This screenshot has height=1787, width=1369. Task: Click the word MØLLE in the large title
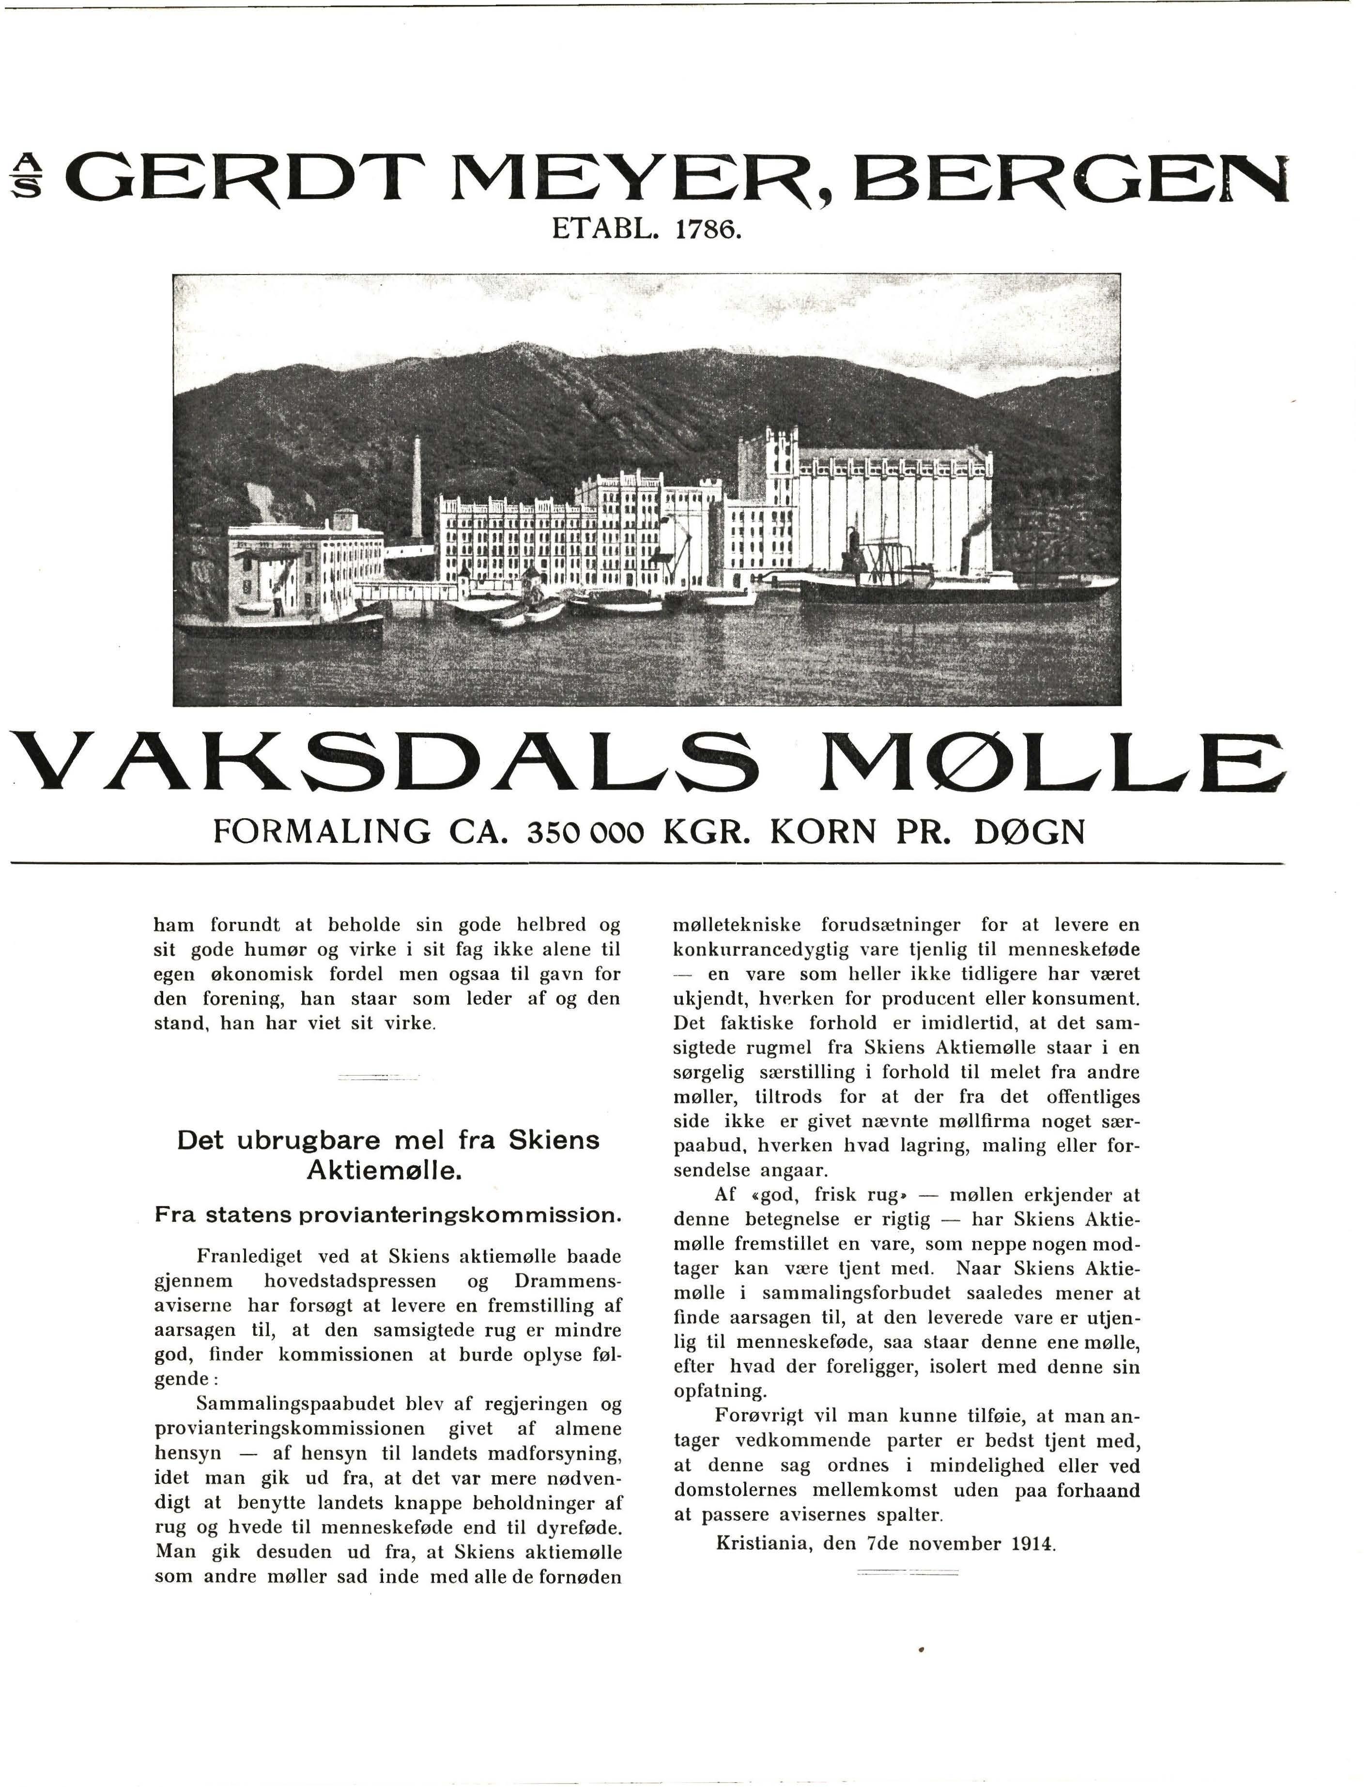click(1052, 763)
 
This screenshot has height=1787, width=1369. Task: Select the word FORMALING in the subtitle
click(322, 832)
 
